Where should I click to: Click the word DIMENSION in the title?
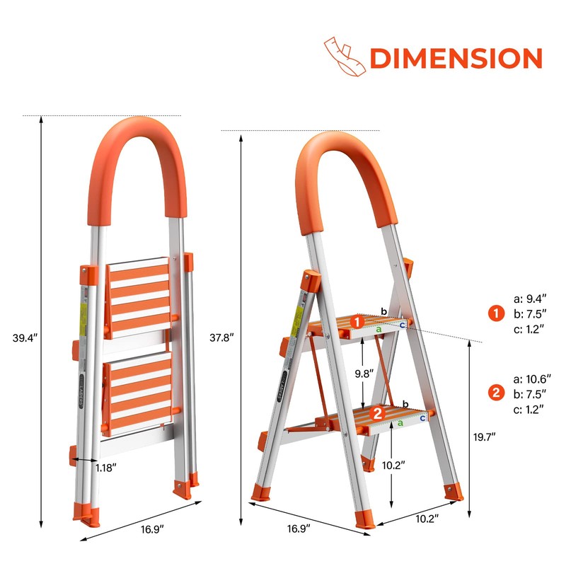456,59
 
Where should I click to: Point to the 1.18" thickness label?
106,467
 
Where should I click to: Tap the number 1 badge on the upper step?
359,322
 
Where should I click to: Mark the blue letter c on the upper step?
402,325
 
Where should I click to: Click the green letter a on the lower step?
400,422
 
